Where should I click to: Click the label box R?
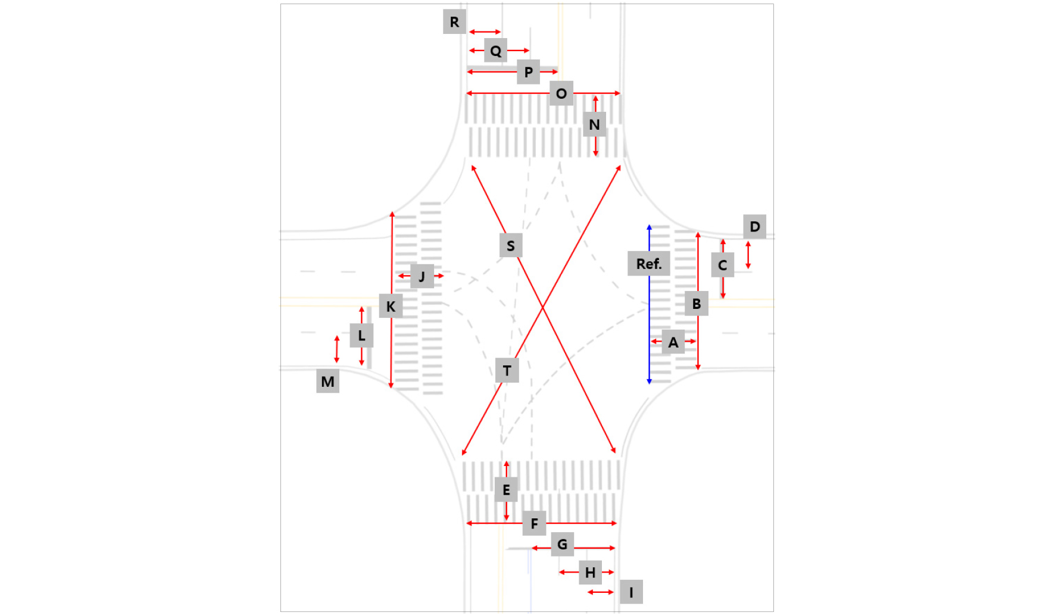tap(454, 22)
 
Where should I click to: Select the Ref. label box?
tap(649, 264)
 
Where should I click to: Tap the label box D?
tap(755, 227)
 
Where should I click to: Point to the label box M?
tap(327, 382)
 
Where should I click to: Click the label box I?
tap(631, 592)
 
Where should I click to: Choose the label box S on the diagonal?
tap(511, 245)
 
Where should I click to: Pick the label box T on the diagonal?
tap(507, 371)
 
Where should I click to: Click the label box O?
tap(561, 93)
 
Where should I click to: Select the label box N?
tap(594, 124)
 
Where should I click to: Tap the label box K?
tap(391, 306)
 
